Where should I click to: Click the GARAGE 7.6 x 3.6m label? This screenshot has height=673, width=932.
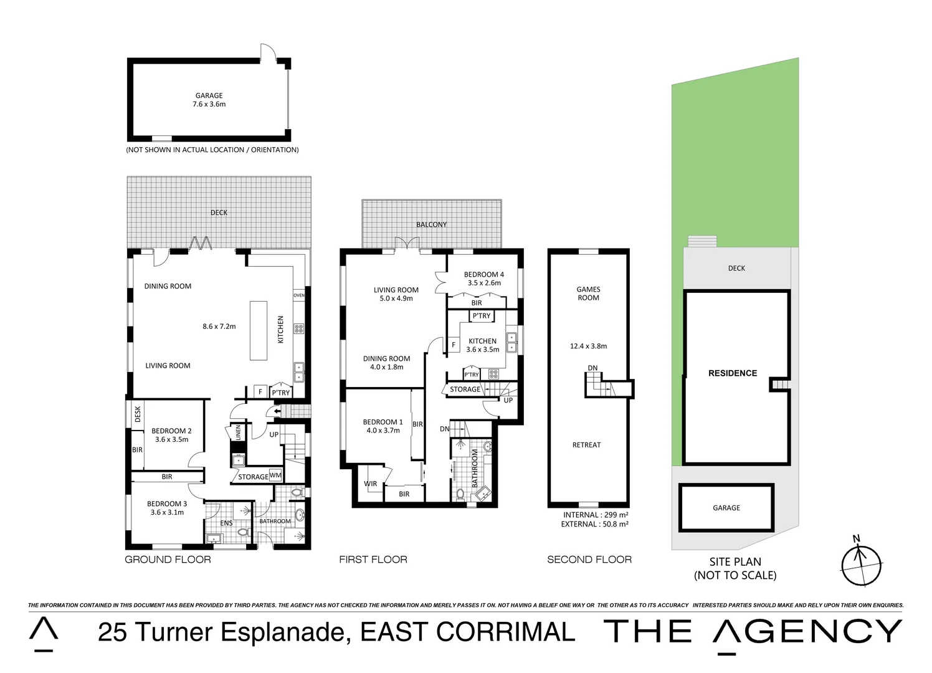click(209, 100)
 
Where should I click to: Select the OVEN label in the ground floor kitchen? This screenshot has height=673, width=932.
click(299, 295)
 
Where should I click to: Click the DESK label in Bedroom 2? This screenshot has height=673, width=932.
click(138, 414)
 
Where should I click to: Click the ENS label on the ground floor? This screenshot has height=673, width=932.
click(226, 523)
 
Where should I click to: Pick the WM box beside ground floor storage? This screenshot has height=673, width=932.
click(275, 475)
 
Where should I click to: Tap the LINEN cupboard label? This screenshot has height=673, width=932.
click(238, 432)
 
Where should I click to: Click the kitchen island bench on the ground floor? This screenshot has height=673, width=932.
click(259, 330)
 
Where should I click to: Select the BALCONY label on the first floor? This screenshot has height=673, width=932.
click(432, 224)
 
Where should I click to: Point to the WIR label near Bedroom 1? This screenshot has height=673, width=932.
click(370, 484)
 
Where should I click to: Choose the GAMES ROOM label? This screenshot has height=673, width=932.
click(588, 294)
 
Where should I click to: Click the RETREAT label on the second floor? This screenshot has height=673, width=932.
click(587, 445)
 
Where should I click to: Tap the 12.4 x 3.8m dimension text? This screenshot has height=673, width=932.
click(588, 346)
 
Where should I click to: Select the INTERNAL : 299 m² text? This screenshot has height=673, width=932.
click(596, 515)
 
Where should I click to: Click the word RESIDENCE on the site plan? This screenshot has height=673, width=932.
click(733, 373)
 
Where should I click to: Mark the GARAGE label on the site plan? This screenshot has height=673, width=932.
click(726, 508)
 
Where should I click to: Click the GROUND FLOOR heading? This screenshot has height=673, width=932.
click(168, 560)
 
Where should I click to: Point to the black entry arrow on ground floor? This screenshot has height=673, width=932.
click(277, 412)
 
